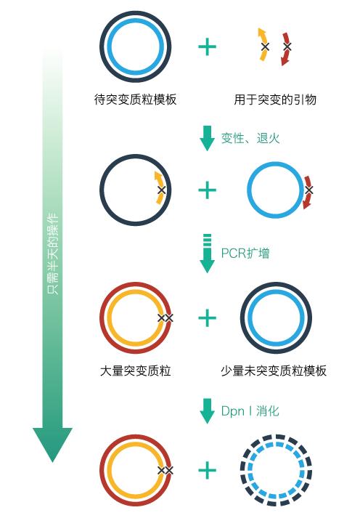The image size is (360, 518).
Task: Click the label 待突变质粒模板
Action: (136, 100)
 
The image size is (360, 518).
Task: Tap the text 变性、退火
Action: (250, 138)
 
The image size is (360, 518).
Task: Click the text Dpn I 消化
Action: (250, 411)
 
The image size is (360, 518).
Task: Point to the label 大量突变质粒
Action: (136, 371)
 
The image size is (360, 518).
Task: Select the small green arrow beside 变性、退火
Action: (208, 139)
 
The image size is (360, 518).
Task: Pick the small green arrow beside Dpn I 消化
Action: (208, 412)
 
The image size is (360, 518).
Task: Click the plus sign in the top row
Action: (208, 47)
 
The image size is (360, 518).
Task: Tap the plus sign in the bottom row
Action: (208, 471)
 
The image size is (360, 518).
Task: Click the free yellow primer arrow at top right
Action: (263, 44)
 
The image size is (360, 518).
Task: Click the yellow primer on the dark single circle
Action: (159, 188)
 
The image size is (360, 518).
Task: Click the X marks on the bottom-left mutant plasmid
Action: (166, 471)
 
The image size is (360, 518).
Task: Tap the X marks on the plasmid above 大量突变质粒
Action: (166, 318)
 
